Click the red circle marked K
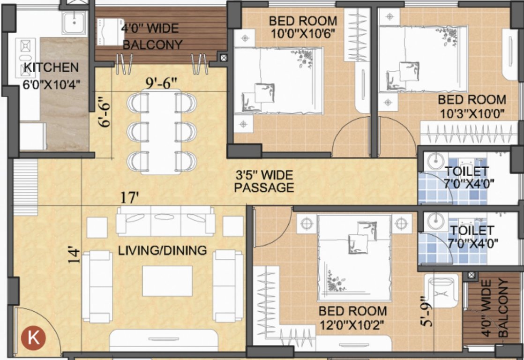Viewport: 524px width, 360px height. click(x=33, y=338)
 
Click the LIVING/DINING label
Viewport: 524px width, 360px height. click(x=162, y=250)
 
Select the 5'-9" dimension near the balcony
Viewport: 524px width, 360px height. click(x=425, y=311)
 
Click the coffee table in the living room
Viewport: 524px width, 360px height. click(x=167, y=281)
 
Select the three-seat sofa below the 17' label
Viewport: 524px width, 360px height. click(x=165, y=221)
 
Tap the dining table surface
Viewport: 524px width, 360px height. click(x=160, y=131)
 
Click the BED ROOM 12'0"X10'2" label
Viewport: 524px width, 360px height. click(x=352, y=318)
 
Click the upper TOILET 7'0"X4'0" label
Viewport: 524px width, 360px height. click(x=469, y=177)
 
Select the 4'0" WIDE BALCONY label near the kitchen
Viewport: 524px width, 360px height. click(x=150, y=37)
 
